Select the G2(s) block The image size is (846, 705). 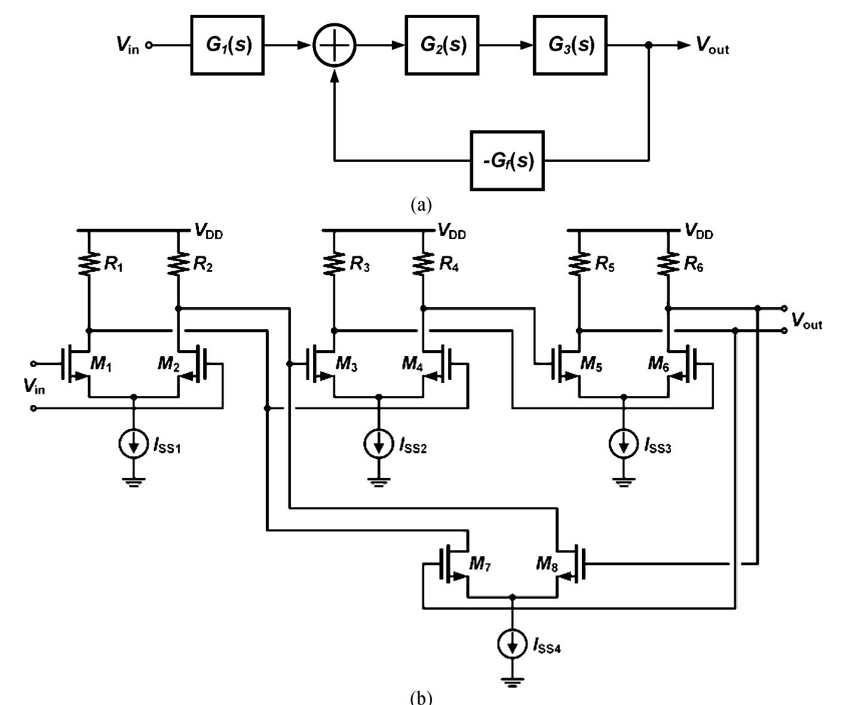coord(442,45)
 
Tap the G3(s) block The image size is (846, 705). coord(570,45)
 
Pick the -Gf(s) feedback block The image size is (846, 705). coord(507,161)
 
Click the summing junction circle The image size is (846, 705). coord(335,45)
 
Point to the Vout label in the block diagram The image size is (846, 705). coord(712,46)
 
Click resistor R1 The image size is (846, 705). coord(89,263)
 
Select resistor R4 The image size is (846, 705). coord(423,263)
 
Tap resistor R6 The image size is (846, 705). coord(668,263)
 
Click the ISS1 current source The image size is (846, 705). coord(134,444)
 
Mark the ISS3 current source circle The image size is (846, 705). coord(624,444)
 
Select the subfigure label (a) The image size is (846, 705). coord(421,205)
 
